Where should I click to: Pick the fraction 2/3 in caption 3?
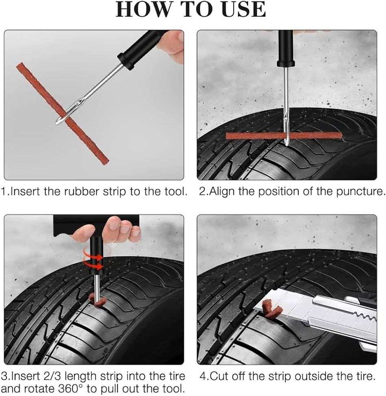[x=58, y=376]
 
